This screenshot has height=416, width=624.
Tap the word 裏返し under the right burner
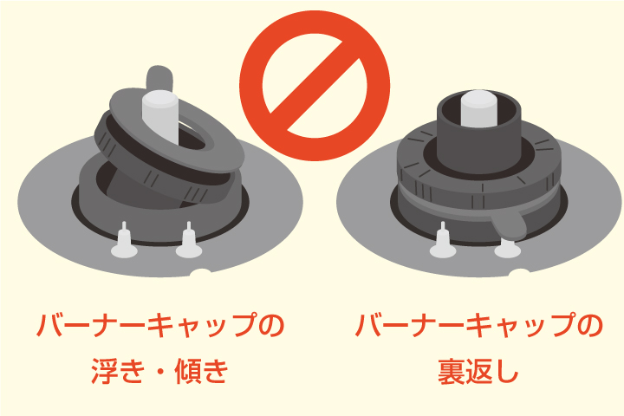pos(478,372)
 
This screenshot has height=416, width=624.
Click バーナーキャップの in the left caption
pos(160,327)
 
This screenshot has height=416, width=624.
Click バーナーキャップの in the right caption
pos(478,327)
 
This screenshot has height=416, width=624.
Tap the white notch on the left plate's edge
pos(200,275)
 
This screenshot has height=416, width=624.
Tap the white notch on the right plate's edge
pos(519,275)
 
